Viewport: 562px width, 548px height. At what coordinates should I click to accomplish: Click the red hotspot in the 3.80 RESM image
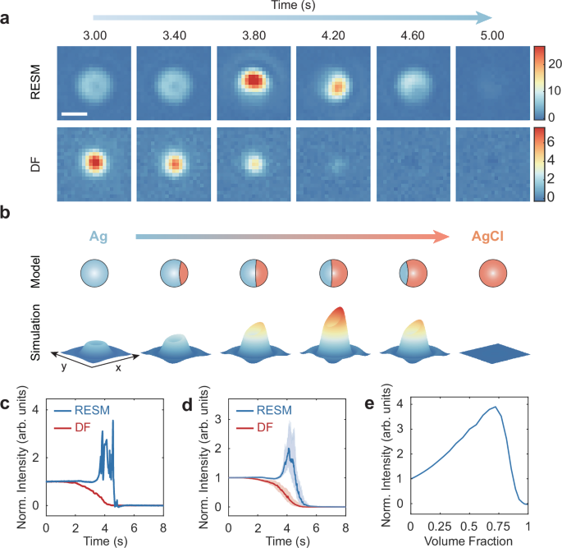point(254,81)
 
